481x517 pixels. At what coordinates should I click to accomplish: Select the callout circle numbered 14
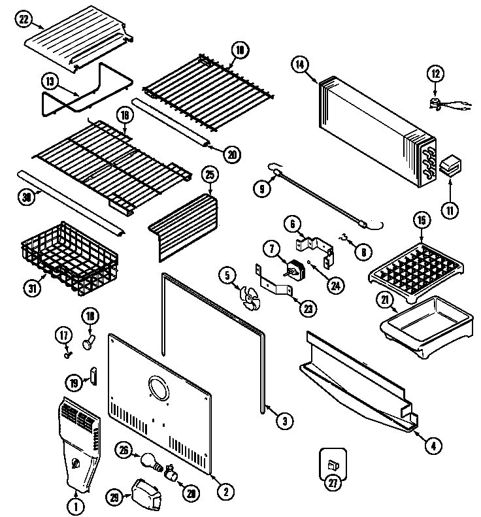tap(300, 64)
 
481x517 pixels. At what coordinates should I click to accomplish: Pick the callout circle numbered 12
tap(435, 74)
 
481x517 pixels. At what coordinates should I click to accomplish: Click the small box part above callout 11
tap(448, 166)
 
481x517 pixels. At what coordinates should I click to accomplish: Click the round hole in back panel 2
tap(159, 391)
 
